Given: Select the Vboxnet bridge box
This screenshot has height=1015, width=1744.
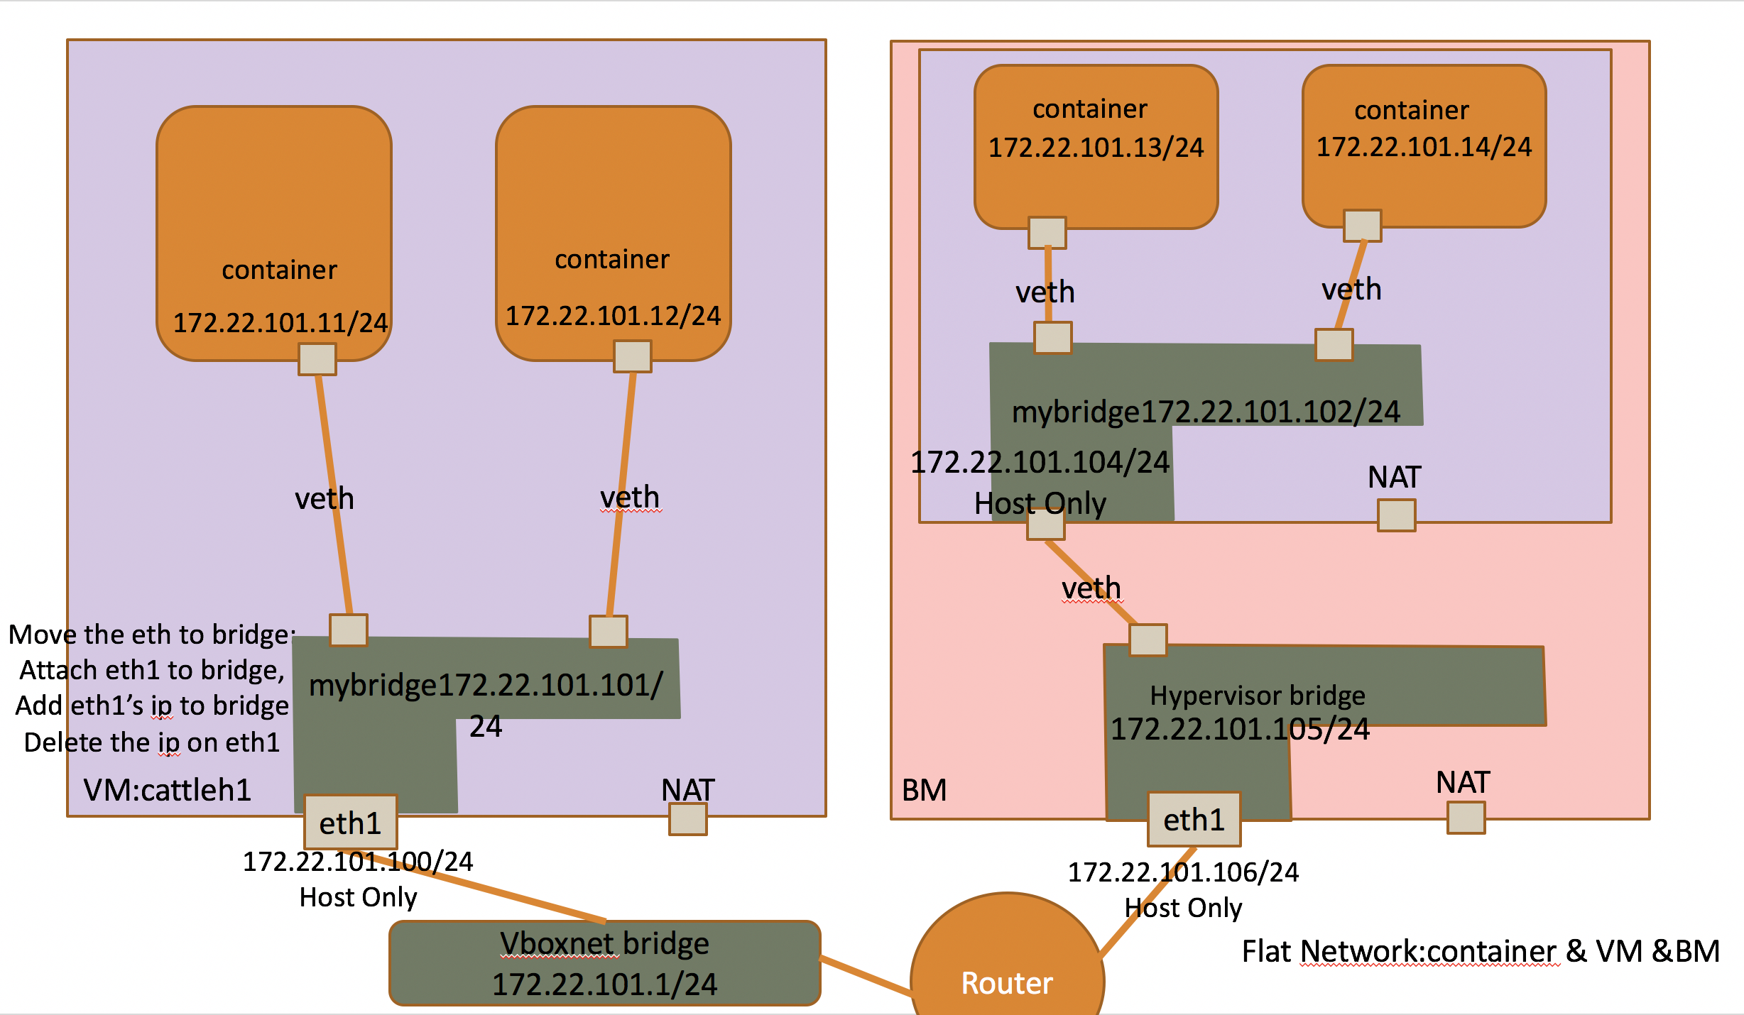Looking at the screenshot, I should [605, 963].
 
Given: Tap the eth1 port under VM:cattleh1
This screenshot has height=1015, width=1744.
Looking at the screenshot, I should [350, 822].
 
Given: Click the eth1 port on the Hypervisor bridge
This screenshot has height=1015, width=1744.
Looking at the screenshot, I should [1194, 819].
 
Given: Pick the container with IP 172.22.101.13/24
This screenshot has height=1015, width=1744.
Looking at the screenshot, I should [1096, 146].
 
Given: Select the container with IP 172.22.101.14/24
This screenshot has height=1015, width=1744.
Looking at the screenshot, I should [1424, 146].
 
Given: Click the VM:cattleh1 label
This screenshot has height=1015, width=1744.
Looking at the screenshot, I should [168, 790].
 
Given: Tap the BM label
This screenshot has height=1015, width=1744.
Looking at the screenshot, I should [924, 790].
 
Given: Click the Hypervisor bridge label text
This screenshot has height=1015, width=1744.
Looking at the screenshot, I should [1257, 696].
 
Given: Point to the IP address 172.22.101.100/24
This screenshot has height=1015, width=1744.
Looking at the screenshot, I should [358, 862].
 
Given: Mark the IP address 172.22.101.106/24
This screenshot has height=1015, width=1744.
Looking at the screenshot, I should [1183, 872].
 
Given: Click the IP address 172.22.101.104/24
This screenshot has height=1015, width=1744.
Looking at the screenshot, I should [1040, 462].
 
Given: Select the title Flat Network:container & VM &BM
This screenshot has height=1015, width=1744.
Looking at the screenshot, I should [1481, 951].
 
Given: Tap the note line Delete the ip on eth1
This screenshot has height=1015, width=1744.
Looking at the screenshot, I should [152, 742].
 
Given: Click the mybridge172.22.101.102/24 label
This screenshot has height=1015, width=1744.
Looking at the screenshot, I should [1206, 412].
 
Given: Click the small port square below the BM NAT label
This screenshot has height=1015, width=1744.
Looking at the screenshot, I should [1466, 818].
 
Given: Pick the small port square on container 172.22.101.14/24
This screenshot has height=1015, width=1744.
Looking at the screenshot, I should [1362, 226].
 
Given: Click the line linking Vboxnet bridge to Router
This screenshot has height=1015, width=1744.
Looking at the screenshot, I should [866, 975].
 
